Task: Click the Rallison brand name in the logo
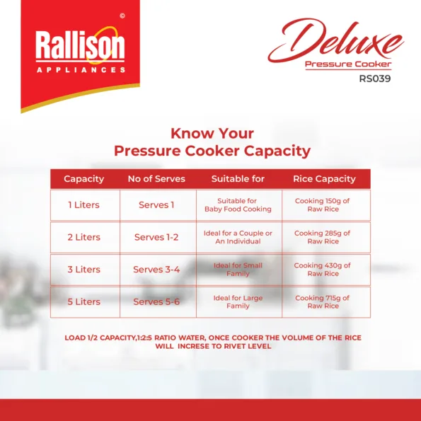tap(80, 45)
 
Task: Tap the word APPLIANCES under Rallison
tap(81, 70)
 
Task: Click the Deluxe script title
tap(336, 40)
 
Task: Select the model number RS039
tap(375, 79)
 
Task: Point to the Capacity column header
tap(83, 179)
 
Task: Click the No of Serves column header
tap(156, 179)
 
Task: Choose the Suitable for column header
tap(238, 179)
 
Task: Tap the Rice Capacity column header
tap(324, 179)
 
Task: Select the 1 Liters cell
tap(83, 205)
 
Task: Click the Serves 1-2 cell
tap(156, 237)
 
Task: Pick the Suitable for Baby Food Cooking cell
tap(238, 205)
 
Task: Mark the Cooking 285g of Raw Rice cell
tap(323, 237)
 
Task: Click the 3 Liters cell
tap(83, 270)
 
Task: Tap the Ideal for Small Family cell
tap(238, 270)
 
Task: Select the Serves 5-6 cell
tap(156, 301)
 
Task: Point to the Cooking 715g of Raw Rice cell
tap(323, 302)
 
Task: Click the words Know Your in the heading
tap(212, 134)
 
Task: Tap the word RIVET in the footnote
tap(233, 346)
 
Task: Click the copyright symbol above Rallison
tap(122, 16)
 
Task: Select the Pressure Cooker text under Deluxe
tap(348, 64)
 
